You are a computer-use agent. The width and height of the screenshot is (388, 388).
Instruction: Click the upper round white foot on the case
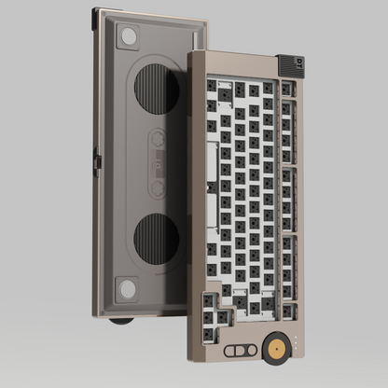click(129, 36)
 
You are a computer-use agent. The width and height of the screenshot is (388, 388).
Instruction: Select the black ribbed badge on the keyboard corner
click(290, 65)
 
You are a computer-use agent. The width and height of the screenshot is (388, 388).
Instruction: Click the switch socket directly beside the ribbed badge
click(286, 90)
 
